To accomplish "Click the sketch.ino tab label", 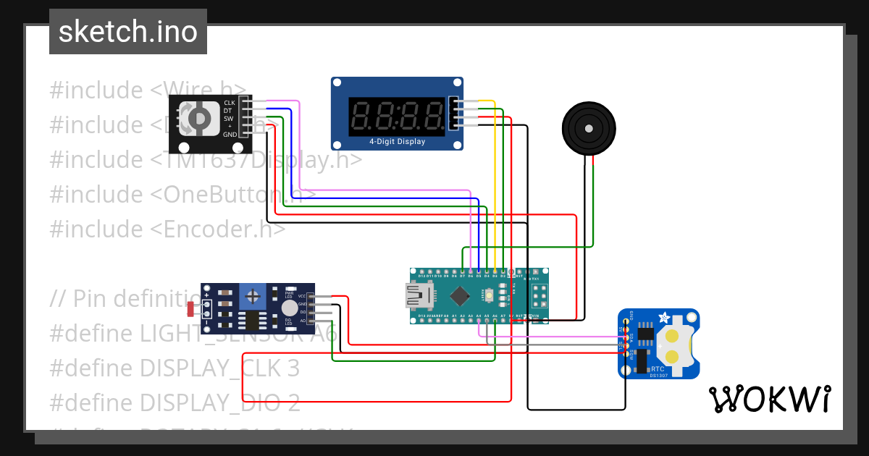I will click(x=127, y=32).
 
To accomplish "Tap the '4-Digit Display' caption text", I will click(x=397, y=142).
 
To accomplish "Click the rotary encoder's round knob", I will click(x=198, y=118).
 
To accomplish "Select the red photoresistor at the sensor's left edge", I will click(x=191, y=310).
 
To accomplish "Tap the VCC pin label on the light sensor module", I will click(x=301, y=296).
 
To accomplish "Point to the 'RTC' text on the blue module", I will click(x=658, y=368).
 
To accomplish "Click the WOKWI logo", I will click(x=769, y=399).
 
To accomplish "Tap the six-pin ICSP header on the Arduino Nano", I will click(x=539, y=295).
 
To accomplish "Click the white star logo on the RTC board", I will click(x=663, y=317).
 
